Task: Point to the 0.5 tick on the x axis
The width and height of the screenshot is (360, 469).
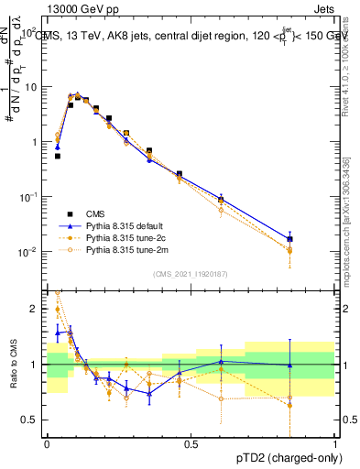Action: coord(191,443)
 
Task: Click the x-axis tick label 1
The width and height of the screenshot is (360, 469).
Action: coord(334,443)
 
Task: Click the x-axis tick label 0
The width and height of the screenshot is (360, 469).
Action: coord(48,443)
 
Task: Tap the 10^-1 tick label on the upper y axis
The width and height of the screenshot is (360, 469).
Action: coord(27,197)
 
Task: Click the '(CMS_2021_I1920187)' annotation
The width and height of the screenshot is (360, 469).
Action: coord(191,274)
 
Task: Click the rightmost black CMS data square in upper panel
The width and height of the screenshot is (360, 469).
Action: coord(289,240)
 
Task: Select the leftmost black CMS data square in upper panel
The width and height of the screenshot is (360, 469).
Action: coord(58,156)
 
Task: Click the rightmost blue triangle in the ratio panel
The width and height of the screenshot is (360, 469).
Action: coord(289,365)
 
